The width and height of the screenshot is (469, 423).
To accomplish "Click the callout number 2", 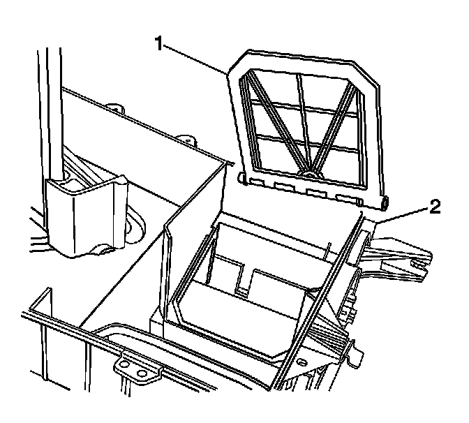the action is click(433, 206).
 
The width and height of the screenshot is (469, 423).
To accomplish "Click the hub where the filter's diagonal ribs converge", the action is click(307, 168).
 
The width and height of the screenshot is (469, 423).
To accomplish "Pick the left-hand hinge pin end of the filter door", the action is click(241, 179).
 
